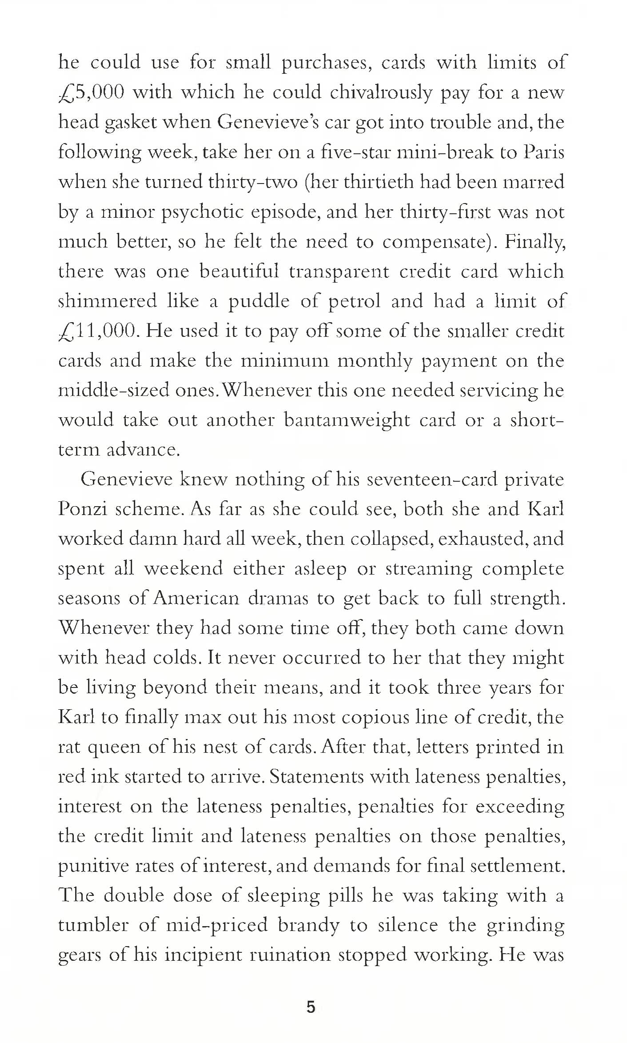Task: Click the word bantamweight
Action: (347, 420)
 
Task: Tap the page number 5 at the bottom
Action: (311, 1007)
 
